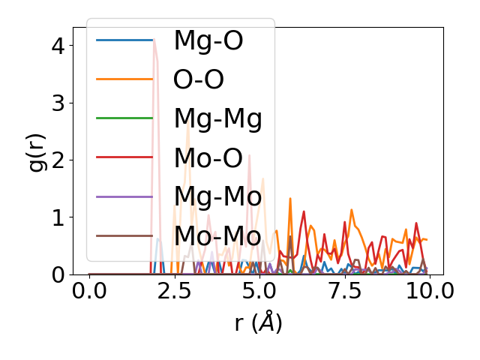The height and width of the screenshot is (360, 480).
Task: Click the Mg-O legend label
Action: (208, 40)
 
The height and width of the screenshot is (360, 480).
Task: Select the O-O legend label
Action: (199, 79)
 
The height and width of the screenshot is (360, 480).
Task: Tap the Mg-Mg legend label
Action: (217, 118)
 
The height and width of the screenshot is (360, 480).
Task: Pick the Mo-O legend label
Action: (208, 157)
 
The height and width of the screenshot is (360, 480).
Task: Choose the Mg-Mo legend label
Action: (217, 196)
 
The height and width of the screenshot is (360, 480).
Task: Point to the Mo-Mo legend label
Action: (217, 235)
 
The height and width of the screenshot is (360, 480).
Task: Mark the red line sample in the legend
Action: (124, 157)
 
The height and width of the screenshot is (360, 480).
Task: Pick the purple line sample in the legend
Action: (124, 196)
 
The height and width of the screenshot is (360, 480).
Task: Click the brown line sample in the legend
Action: (124, 235)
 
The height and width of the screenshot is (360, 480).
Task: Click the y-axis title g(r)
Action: (37, 151)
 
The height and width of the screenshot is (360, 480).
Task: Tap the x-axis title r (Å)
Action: (258, 322)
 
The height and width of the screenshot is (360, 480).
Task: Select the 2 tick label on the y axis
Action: (59, 160)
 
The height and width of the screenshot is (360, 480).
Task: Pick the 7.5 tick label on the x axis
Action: (343, 291)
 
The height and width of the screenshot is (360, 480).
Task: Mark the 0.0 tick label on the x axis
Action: (89, 291)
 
